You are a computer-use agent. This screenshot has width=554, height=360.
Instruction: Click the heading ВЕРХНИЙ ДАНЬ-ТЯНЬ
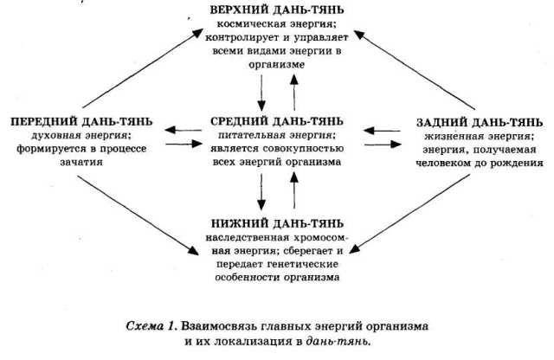(x=277, y=9)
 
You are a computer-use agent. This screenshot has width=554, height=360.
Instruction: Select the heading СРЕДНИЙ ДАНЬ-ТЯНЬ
(x=277, y=120)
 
